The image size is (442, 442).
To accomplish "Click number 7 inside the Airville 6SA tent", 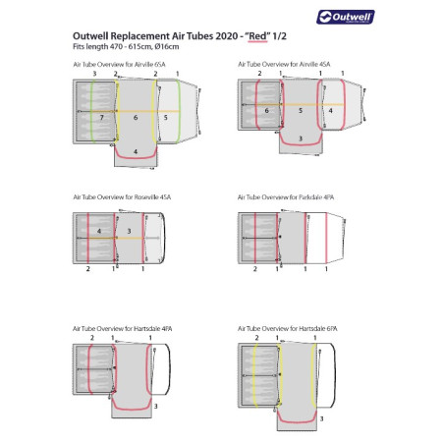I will [x=101, y=117].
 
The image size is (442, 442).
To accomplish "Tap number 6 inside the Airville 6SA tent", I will [x=137, y=117].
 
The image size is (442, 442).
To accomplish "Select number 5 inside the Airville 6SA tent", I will [x=166, y=117].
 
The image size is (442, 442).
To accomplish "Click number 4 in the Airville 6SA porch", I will [x=137, y=151].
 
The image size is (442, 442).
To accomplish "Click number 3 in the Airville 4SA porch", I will [x=300, y=138].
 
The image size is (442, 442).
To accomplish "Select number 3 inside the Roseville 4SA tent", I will [x=130, y=232].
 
